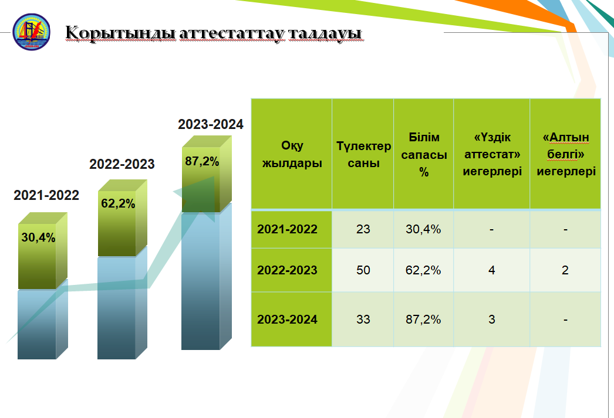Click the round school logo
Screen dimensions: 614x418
pyautogui.click(x=31, y=32)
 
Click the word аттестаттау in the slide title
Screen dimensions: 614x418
pyautogui.click(x=232, y=33)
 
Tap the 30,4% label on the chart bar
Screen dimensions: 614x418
pyautogui.click(x=38, y=237)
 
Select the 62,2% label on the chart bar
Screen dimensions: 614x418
pyautogui.click(x=118, y=203)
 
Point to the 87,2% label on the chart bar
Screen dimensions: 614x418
pyautogui.click(x=202, y=161)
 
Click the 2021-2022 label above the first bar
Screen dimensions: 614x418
pyautogui.click(x=46, y=195)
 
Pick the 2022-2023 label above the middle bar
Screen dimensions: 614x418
pyautogui.click(x=122, y=164)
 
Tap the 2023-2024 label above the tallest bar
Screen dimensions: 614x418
pyautogui.click(x=211, y=124)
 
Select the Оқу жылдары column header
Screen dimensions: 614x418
pyautogui.click(x=292, y=154)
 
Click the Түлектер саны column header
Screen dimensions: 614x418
pyautogui.click(x=363, y=154)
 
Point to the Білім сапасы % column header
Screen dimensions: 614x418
pyautogui.click(x=424, y=154)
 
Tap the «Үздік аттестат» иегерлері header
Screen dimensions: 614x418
pyautogui.click(x=492, y=154)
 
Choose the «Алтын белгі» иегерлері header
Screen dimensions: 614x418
pyautogui.click(x=566, y=154)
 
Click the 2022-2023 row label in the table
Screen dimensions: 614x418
pyautogui.click(x=287, y=270)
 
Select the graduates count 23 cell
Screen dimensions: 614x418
pyautogui.click(x=363, y=229)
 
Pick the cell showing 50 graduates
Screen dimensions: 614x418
pyautogui.click(x=363, y=270)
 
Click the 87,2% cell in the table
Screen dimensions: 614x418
pyautogui.click(x=423, y=320)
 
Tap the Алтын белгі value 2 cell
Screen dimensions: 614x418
pyautogui.click(x=565, y=270)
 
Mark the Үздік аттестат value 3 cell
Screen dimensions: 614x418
pyautogui.click(x=492, y=320)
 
